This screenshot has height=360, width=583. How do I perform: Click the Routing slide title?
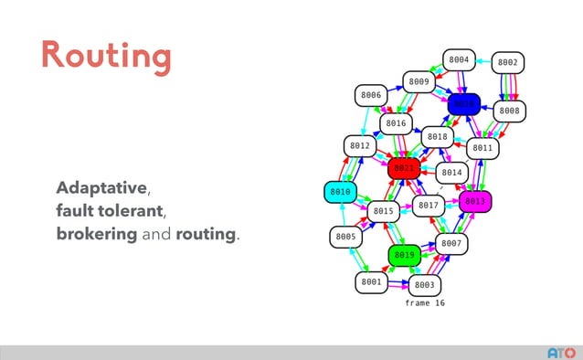[x=105, y=56]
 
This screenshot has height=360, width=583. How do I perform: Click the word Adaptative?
[x=101, y=188]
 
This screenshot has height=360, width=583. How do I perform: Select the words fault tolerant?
[x=109, y=211]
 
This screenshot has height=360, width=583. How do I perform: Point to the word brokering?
[x=96, y=234]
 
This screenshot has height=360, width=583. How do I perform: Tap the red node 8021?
[x=403, y=168]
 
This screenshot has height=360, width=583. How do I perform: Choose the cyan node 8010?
[x=340, y=192]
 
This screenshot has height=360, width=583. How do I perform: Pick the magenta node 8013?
[x=476, y=201]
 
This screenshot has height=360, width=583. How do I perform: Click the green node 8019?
[x=405, y=255]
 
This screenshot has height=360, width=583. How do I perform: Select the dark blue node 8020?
[x=464, y=104]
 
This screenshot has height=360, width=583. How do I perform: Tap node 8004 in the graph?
[x=459, y=60]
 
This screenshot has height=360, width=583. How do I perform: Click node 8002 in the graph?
[x=508, y=63]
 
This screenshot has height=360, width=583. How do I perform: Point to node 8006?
[x=371, y=95]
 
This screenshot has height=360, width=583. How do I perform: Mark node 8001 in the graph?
[x=371, y=282]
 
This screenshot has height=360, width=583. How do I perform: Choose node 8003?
[x=425, y=285]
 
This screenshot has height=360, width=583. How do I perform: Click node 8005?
[x=345, y=237]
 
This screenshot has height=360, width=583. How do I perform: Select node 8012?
[x=359, y=146]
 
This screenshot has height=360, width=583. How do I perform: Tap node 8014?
[x=451, y=172]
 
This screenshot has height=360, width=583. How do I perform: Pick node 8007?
[x=451, y=243]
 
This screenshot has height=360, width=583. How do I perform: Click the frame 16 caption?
[x=425, y=302]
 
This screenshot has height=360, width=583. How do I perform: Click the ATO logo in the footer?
[x=561, y=352]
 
